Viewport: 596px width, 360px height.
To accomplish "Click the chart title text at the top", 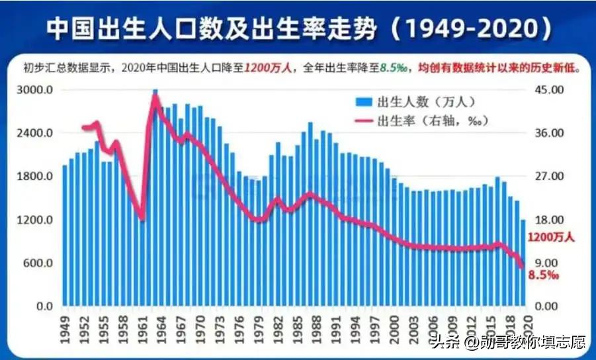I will (298, 27).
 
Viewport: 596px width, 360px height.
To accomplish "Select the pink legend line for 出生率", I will (363, 120).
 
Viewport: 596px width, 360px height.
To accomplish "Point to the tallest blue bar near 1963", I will (155, 199).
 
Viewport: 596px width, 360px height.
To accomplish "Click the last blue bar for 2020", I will (523, 265).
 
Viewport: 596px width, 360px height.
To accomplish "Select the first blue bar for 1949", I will (65, 238).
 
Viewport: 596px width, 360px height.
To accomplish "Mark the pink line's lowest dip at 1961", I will (142, 217).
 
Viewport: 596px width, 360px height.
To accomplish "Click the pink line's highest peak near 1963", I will (155, 97).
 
